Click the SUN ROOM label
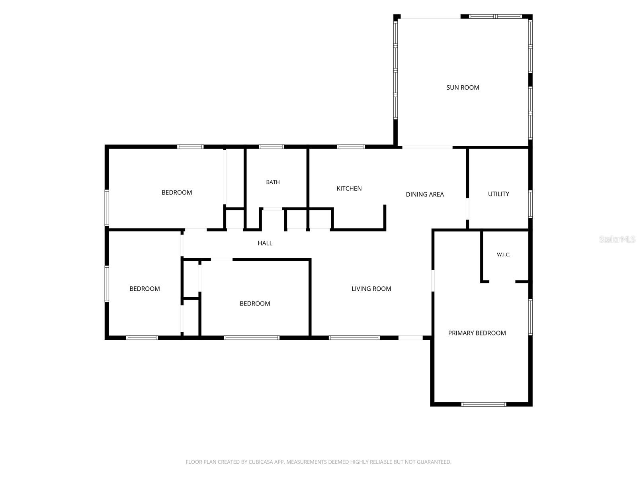[x=463, y=87]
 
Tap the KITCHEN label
[x=349, y=188]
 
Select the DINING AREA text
[x=424, y=194]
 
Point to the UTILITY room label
[x=498, y=194]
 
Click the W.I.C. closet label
[x=503, y=255]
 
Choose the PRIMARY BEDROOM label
[x=477, y=333]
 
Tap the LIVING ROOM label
[x=371, y=288]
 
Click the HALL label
[x=265, y=243]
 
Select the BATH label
[x=273, y=182]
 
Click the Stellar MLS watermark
[x=617, y=239]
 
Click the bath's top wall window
[x=272, y=147]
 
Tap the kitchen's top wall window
[x=351, y=147]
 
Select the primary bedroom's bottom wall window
[x=484, y=404]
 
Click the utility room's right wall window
[x=530, y=204]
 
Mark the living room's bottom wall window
[x=354, y=337]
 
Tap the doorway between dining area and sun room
[x=427, y=147]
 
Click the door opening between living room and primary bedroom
[x=433, y=280]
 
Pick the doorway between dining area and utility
[x=467, y=209]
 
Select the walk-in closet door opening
[x=502, y=282]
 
